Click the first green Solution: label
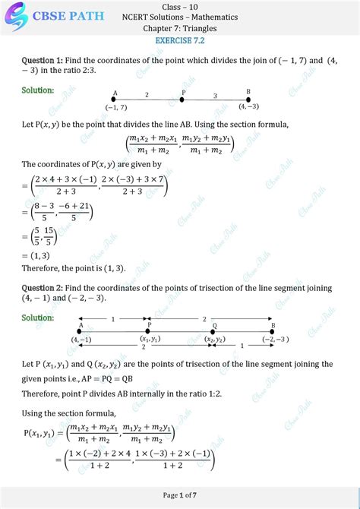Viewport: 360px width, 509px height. (38, 90)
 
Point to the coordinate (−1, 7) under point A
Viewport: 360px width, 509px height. (116, 107)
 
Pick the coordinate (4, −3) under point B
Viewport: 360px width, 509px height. (248, 106)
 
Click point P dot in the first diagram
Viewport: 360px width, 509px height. (183, 100)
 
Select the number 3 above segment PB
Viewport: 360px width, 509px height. (215, 96)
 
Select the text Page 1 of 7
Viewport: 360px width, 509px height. (180, 495)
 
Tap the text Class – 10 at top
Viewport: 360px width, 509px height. (180, 7)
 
